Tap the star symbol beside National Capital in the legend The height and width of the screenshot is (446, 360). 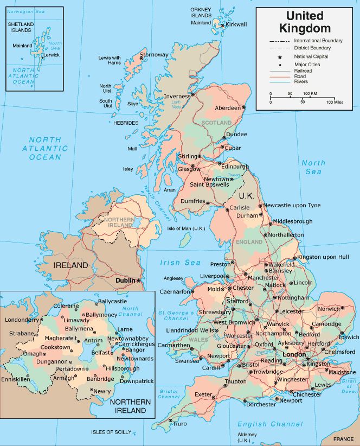280,56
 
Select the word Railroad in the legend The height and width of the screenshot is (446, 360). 303,71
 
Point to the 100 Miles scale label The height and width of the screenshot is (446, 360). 335,102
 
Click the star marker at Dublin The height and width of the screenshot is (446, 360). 139,280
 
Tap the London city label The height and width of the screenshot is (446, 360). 294,354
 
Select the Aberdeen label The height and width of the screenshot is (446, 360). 228,108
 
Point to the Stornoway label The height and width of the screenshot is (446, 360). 154,55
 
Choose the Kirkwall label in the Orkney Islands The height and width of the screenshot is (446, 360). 236,24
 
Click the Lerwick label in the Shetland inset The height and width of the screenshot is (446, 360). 52,55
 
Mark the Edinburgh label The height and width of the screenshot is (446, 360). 235,167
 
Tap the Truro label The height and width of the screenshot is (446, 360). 179,424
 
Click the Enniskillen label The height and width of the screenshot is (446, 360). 15,379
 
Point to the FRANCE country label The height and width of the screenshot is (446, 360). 343,439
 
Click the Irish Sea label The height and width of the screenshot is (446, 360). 180,263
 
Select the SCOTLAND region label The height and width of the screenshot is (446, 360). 216,123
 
